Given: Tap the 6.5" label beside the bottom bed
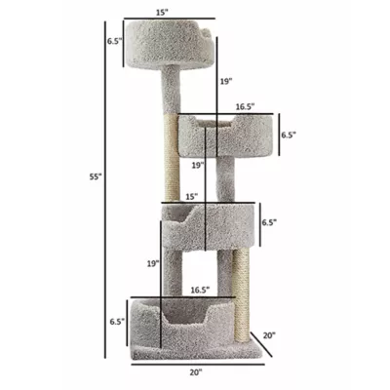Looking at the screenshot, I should tap(116, 319).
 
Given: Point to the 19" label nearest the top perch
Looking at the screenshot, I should tap(225, 82).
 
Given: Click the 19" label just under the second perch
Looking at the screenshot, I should tap(197, 166).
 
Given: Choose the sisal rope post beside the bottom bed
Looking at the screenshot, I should tap(244, 292).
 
